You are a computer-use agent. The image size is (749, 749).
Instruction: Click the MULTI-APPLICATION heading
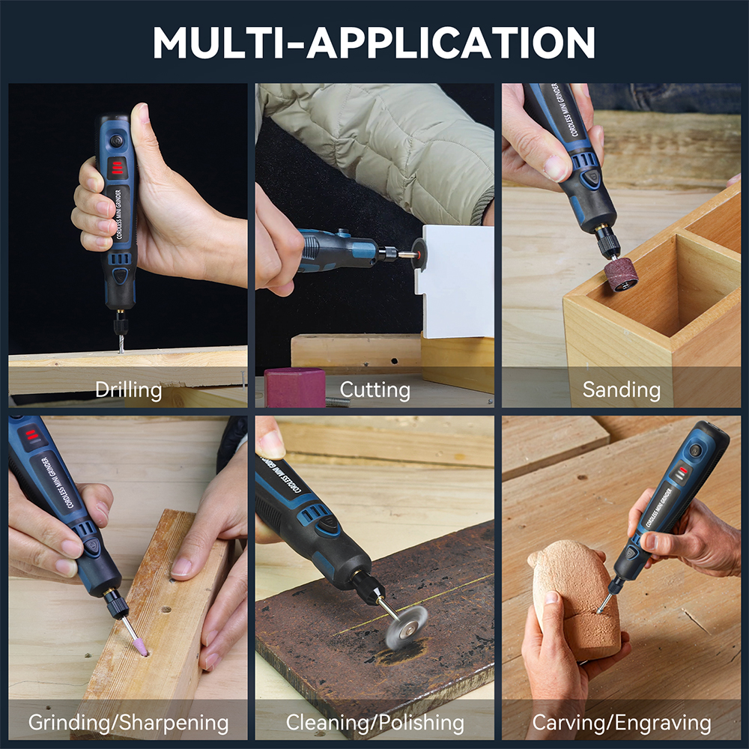click(x=374, y=42)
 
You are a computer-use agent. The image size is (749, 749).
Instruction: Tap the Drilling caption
click(x=129, y=389)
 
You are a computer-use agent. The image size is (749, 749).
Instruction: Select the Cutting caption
click(x=375, y=389)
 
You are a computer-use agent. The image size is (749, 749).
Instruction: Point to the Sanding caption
click(x=622, y=389)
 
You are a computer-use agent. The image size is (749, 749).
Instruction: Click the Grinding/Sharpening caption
click(x=129, y=722)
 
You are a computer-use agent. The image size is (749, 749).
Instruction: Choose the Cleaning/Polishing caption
click(x=375, y=722)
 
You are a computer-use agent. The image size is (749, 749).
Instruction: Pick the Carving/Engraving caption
click(x=622, y=722)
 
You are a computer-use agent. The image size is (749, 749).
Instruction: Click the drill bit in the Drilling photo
click(x=121, y=344)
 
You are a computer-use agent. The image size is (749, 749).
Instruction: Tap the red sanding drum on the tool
click(x=621, y=275)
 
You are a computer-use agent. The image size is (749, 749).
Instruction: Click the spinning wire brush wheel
click(x=406, y=627)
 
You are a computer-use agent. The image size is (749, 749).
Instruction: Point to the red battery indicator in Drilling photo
click(x=117, y=168)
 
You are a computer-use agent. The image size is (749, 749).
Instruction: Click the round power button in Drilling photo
click(x=115, y=141)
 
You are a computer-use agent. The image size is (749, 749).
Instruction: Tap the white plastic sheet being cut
click(x=456, y=282)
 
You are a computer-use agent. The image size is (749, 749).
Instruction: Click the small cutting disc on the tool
click(x=419, y=254)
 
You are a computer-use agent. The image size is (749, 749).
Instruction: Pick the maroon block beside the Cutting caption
click(x=294, y=388)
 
